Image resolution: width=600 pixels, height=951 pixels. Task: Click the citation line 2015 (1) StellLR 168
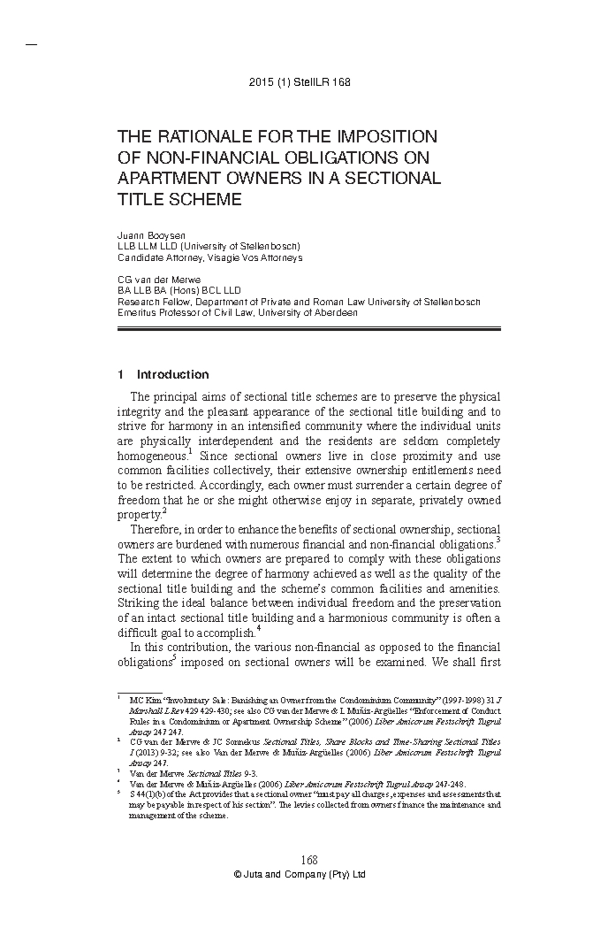[299, 83]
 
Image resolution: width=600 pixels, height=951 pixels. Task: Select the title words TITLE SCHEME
[179, 200]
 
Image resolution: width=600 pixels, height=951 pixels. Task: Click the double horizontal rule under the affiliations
[308, 329]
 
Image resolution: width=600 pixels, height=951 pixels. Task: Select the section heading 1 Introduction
[162, 374]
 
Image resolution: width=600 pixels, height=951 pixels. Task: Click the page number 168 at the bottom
[309, 860]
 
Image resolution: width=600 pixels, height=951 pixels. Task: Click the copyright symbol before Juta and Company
[237, 875]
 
